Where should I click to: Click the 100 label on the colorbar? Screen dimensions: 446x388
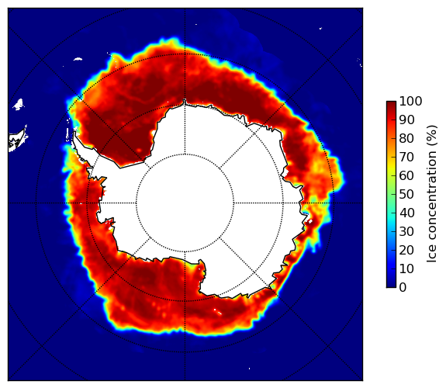[x=410, y=101]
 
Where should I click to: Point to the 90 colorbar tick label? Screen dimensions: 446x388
[x=406, y=120]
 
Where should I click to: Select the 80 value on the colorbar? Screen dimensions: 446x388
[x=406, y=138]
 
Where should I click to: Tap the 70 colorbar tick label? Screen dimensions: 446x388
[x=406, y=157]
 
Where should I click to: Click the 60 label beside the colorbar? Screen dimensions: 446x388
[x=406, y=175]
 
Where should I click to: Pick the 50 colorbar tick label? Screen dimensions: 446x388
[x=406, y=195]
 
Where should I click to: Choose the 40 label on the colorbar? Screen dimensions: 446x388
[x=406, y=213]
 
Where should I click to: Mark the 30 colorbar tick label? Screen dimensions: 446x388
[x=406, y=232]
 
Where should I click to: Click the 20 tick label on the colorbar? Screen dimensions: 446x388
[x=406, y=250]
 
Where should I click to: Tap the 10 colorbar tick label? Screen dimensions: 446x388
[x=406, y=268]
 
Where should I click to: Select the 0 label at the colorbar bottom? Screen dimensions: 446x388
[x=403, y=288]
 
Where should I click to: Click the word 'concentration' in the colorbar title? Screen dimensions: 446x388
[x=431, y=201]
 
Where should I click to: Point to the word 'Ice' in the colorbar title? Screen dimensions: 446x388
[x=431, y=258]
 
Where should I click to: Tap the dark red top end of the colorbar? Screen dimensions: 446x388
[x=391, y=104]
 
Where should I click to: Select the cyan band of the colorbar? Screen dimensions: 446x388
[x=391, y=217]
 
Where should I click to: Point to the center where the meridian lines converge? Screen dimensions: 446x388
[x=185, y=203]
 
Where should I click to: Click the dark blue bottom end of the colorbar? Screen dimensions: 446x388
[x=391, y=285]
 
